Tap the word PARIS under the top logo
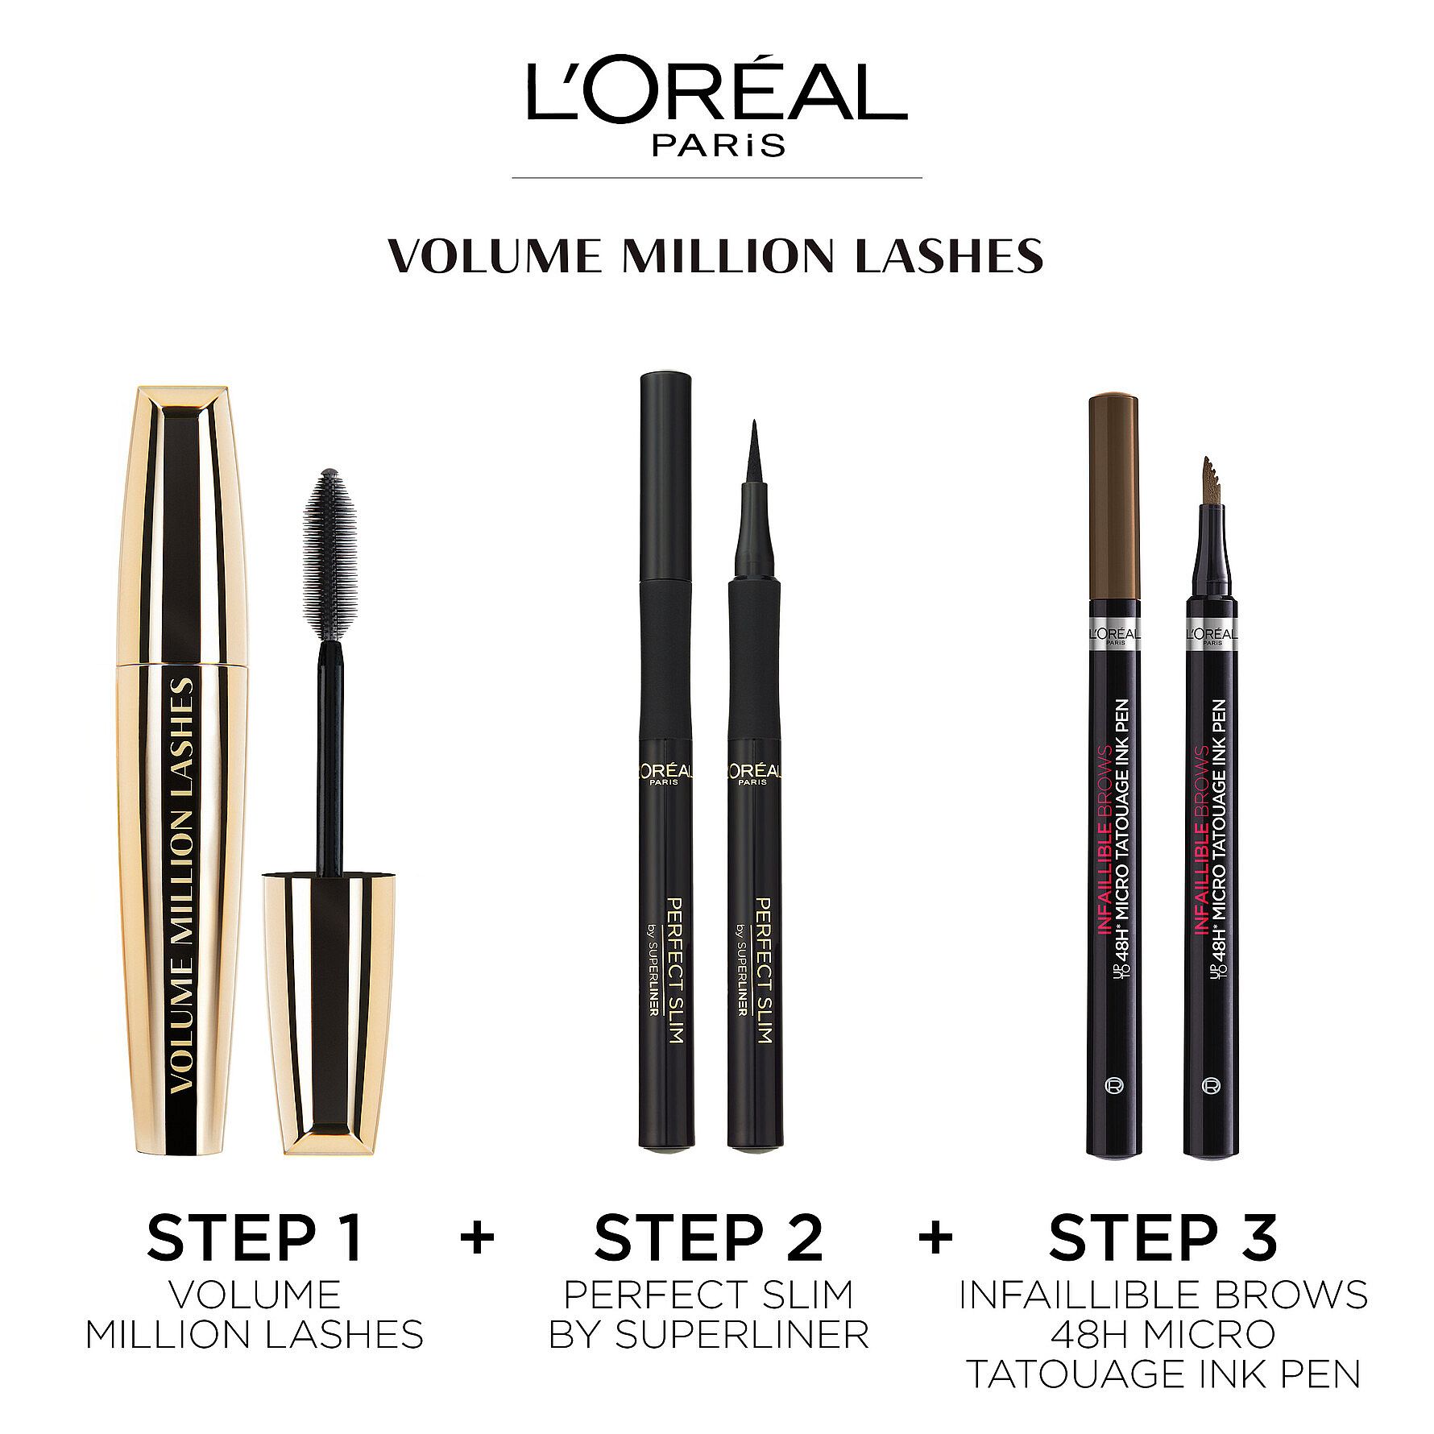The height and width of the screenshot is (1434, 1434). tap(716, 144)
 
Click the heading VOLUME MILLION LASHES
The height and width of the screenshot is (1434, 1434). tap(715, 255)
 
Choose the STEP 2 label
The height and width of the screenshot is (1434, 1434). tap(709, 1237)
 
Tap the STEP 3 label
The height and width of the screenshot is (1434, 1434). tap(1163, 1237)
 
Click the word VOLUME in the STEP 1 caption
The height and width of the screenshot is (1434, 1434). tap(255, 1295)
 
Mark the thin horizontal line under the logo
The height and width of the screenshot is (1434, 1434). tap(716, 176)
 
